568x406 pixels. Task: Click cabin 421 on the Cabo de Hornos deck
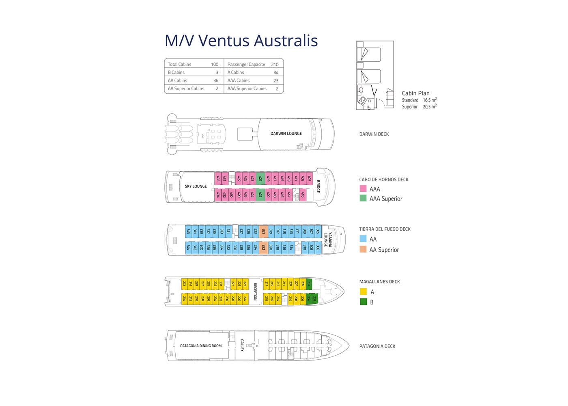(x=260, y=178)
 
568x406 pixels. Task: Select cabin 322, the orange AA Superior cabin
(x=263, y=247)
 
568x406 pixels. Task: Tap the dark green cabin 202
(x=314, y=298)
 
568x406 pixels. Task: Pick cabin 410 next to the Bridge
(x=302, y=195)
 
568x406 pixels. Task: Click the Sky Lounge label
(x=196, y=186)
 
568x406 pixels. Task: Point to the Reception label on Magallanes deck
(x=255, y=292)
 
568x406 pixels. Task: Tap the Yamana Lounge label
(x=328, y=240)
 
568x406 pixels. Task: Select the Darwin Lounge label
(x=286, y=134)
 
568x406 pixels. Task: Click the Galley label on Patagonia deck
(x=242, y=345)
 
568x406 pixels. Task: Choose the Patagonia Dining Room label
(x=201, y=346)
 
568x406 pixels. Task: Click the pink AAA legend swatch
(x=363, y=189)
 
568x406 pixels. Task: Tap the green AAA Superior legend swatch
(x=363, y=198)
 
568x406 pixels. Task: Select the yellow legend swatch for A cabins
(x=364, y=292)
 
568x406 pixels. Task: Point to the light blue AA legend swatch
(x=363, y=239)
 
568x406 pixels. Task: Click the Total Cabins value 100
(x=215, y=64)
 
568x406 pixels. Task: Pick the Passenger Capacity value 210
(x=275, y=64)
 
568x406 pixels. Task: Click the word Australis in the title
(x=286, y=41)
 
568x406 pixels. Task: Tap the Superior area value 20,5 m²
(x=430, y=107)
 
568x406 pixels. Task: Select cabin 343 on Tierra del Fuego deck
(x=188, y=231)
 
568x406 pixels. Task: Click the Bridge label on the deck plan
(x=318, y=186)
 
